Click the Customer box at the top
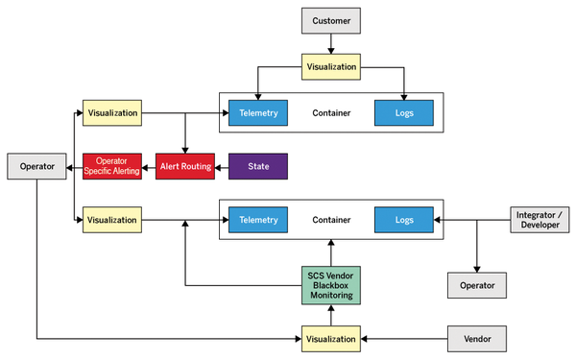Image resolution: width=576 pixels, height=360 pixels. (x=331, y=19)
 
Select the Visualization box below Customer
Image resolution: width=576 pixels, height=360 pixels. (x=331, y=67)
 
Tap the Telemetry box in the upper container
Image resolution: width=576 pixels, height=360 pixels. (x=258, y=113)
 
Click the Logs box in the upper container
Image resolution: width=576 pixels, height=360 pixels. (x=404, y=113)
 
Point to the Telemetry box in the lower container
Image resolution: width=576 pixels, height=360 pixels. (x=258, y=220)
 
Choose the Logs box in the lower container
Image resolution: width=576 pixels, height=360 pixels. (x=404, y=220)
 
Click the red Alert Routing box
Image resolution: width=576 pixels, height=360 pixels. (x=185, y=166)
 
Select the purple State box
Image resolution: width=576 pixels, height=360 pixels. (x=258, y=166)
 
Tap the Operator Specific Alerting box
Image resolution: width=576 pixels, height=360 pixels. (x=112, y=166)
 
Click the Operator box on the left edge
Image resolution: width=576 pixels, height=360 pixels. (x=36, y=166)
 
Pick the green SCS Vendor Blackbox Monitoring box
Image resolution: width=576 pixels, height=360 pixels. (x=331, y=285)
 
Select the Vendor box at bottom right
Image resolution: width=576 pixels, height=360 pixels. (x=477, y=338)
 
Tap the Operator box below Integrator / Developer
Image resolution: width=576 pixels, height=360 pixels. (x=477, y=285)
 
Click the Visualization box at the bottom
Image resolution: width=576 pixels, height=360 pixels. (x=331, y=338)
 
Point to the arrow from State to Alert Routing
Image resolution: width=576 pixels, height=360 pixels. (x=222, y=166)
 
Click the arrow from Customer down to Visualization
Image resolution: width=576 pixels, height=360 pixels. (x=331, y=43)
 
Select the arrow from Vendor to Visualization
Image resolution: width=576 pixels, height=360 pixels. (x=403, y=338)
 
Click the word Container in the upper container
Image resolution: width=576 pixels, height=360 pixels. (x=331, y=113)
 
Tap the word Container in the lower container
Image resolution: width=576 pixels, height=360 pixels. (x=331, y=220)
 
